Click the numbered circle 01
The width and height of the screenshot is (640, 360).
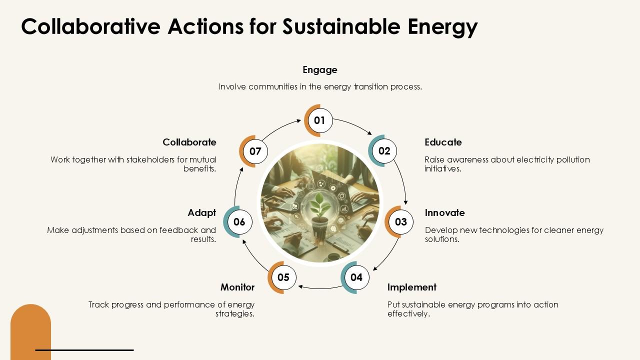pos(319,120)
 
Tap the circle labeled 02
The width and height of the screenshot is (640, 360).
pos(384,151)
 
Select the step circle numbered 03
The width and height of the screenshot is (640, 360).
pos(400,222)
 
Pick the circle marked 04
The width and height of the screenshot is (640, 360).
pos(356,277)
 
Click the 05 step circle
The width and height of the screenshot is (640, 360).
pos(283,277)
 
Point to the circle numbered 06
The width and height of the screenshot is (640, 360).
pos(239,222)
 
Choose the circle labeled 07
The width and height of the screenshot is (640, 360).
pos(255,151)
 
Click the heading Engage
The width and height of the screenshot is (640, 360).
pos(320,70)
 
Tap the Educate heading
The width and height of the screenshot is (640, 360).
pos(443,142)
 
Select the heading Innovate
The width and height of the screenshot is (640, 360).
pos(444,213)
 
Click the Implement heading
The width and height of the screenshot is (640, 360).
pos(412,287)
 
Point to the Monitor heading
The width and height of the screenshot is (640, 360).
pos(237,287)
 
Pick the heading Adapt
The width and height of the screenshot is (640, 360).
pos(202,213)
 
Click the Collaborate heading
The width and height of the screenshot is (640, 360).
pos(189,142)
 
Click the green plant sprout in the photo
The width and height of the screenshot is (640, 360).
pos(317,205)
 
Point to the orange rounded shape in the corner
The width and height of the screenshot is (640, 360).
pos(30,330)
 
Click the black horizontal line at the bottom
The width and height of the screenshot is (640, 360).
pos(84,350)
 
